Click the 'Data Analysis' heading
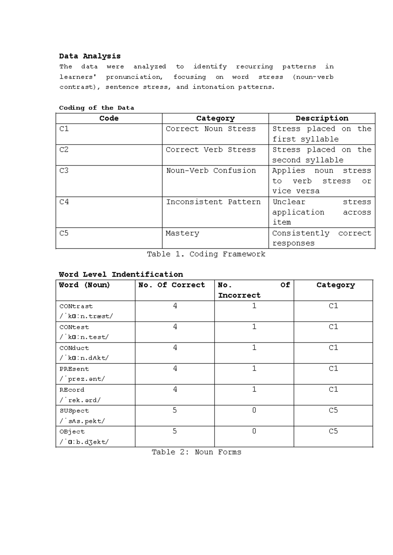[x=90, y=56]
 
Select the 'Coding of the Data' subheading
[x=96, y=108]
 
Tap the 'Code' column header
[x=109, y=118]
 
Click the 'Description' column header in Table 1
[x=322, y=118]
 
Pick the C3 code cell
[x=64, y=170]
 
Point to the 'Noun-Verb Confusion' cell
[x=211, y=170]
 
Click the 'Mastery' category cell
[x=182, y=233]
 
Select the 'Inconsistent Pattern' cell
[x=213, y=202]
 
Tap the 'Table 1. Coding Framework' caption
[x=206, y=254]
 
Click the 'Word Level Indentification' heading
[x=121, y=274]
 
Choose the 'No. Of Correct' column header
[x=172, y=285]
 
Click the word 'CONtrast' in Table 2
[x=76, y=306]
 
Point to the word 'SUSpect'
[x=74, y=411]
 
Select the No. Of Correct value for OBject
[x=175, y=431]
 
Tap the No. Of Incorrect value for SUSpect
[x=254, y=410]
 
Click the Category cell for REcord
[x=333, y=389]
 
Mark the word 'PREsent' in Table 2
[x=74, y=369]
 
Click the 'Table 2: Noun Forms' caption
[x=196, y=452]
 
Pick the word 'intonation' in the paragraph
[x=213, y=87]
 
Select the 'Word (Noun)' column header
[x=84, y=285]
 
